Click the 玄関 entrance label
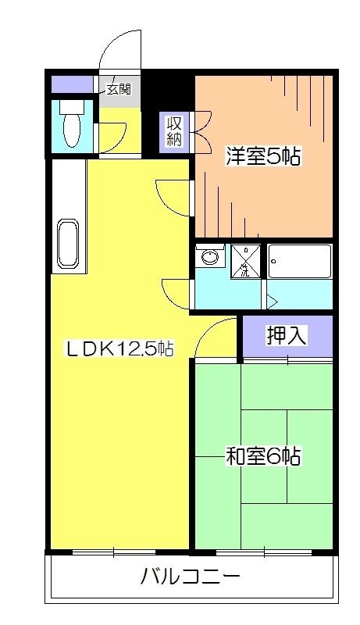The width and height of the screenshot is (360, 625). click(x=119, y=87)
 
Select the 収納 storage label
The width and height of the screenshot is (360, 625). click(x=173, y=131)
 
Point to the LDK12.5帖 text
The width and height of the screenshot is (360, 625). click(x=118, y=349)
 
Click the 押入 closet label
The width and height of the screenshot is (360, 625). click(x=287, y=336)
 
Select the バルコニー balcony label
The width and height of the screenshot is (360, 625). click(x=191, y=579)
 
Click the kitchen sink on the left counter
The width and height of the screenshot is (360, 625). click(x=67, y=245)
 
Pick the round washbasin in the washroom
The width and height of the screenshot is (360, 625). click(x=209, y=257)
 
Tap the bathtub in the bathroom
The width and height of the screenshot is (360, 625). click(x=300, y=261)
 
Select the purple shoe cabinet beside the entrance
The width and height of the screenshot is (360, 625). click(x=73, y=84)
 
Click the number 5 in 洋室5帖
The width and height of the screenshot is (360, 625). click(x=273, y=156)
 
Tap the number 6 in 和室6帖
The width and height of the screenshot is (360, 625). click(x=273, y=455)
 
